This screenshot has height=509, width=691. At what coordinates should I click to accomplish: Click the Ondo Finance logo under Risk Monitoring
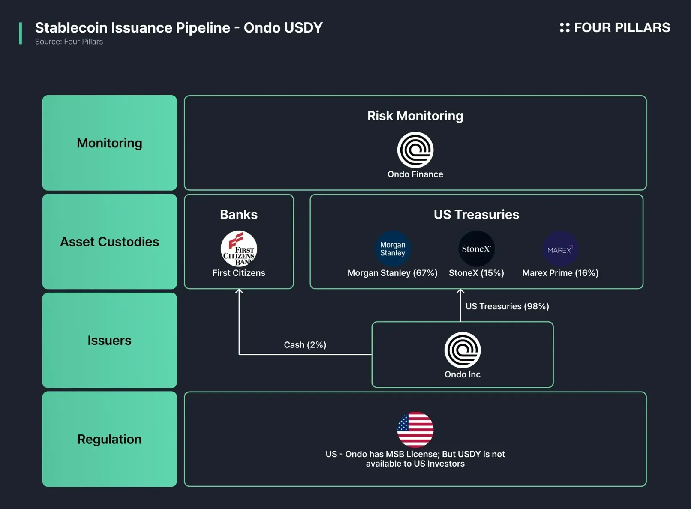point(415,150)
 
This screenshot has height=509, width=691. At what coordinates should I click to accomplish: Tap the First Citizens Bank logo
point(239,249)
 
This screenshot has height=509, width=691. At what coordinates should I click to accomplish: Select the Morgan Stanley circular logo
point(392,249)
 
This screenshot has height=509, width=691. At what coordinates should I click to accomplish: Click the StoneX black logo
point(476,249)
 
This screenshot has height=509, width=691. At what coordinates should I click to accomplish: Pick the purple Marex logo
point(560,249)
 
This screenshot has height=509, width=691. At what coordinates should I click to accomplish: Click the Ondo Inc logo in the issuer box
point(462,350)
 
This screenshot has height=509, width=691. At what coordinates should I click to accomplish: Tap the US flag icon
point(415,429)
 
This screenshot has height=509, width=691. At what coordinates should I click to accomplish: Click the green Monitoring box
point(109,143)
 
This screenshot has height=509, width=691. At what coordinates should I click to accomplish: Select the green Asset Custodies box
point(109,242)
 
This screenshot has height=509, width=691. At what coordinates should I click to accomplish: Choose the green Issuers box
point(109,340)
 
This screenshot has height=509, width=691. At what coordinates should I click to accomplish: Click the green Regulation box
point(109,439)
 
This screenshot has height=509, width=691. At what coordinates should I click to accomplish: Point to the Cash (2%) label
point(305,345)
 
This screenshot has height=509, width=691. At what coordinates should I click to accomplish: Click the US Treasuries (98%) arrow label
point(507,306)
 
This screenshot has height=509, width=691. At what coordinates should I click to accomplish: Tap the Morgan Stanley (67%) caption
point(392,273)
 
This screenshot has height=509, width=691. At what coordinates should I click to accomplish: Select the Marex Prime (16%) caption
point(560,273)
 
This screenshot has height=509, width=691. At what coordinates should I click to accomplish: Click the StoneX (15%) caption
point(476,273)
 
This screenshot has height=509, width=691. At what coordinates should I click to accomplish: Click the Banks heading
point(239,214)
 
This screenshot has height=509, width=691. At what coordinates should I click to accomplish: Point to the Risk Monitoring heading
point(415,116)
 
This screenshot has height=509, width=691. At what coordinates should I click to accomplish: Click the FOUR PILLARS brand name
point(622,27)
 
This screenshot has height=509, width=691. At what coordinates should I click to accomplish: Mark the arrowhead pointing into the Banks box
point(239,292)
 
